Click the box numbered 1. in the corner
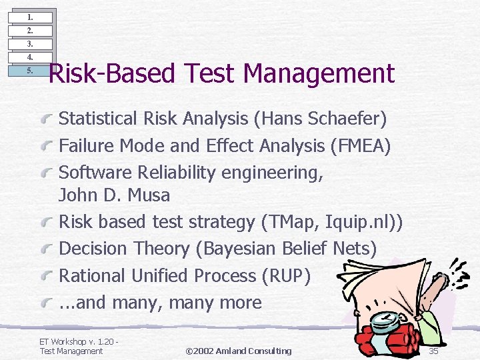pyautogui.click(x=29, y=17)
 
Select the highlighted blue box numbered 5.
pyautogui.click(x=29, y=70)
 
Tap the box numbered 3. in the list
pyautogui.click(x=29, y=44)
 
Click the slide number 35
pyautogui.click(x=433, y=351)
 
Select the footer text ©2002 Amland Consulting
pyautogui.click(x=238, y=351)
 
